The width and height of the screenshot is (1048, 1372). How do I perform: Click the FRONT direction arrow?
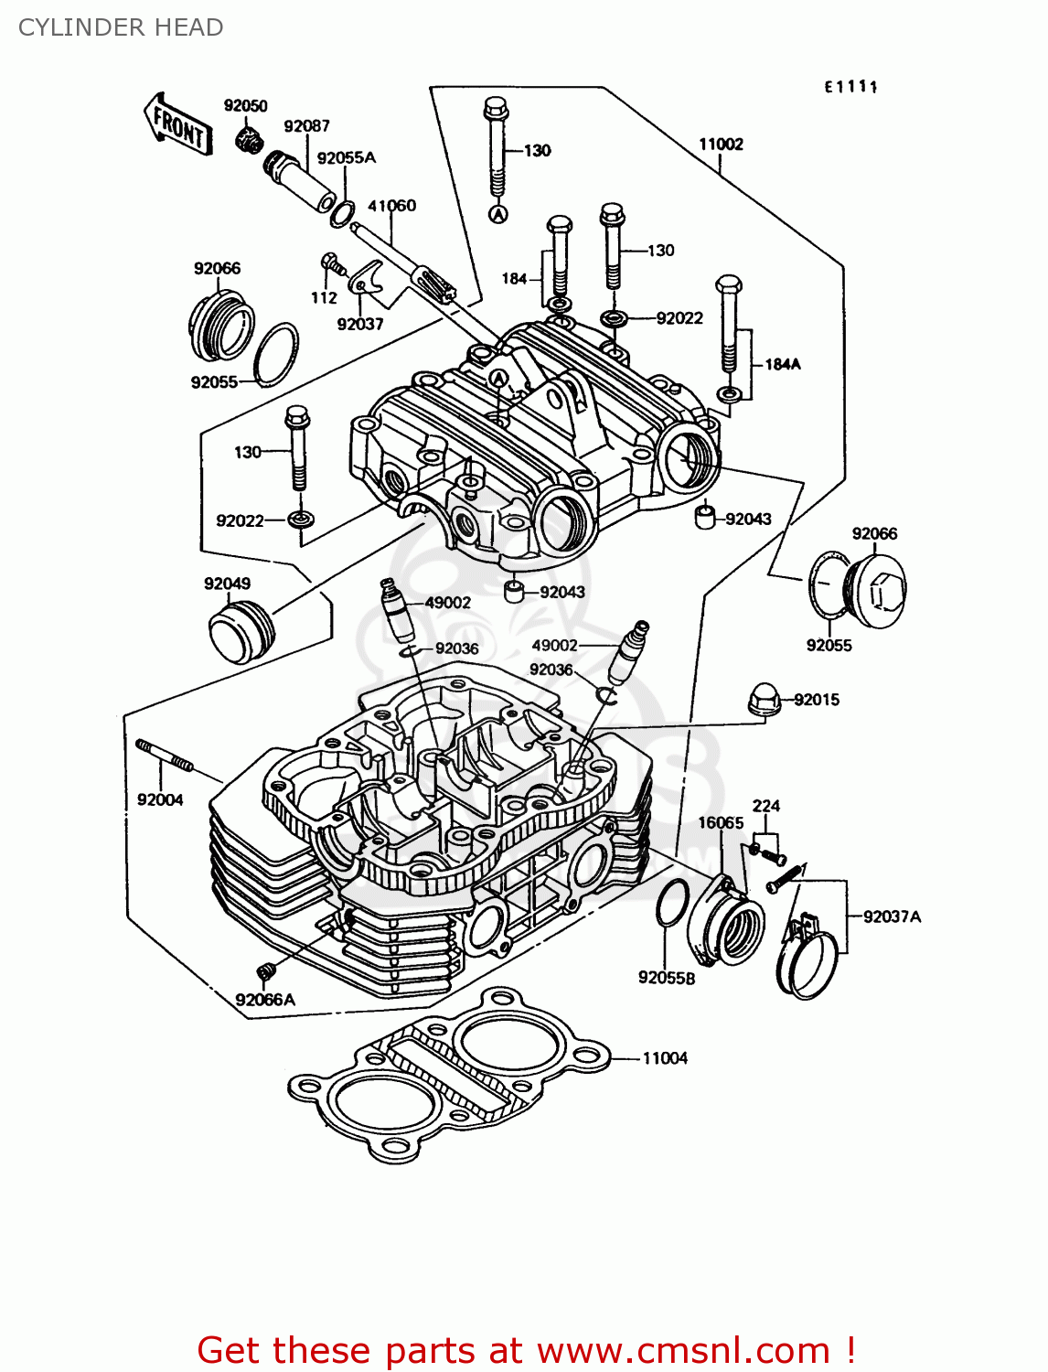(177, 125)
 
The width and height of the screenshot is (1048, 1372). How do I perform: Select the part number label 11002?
(721, 145)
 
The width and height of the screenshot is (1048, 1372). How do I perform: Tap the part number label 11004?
(665, 1058)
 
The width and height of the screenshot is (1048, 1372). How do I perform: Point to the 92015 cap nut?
(764, 700)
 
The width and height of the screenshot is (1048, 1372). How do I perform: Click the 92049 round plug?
(241, 631)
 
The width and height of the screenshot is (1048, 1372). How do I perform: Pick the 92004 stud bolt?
(165, 755)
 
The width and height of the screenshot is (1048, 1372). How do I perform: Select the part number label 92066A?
(265, 1000)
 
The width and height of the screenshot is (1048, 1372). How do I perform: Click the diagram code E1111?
(850, 87)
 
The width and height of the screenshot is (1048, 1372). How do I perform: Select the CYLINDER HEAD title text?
(121, 27)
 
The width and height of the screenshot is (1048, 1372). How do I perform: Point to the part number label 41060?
(391, 206)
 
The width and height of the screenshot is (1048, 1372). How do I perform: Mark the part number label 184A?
(782, 364)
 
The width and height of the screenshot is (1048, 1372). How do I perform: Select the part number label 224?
(765, 806)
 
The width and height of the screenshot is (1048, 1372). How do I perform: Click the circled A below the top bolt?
(497, 214)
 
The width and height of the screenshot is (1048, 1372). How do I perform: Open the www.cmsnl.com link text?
(683, 1350)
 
